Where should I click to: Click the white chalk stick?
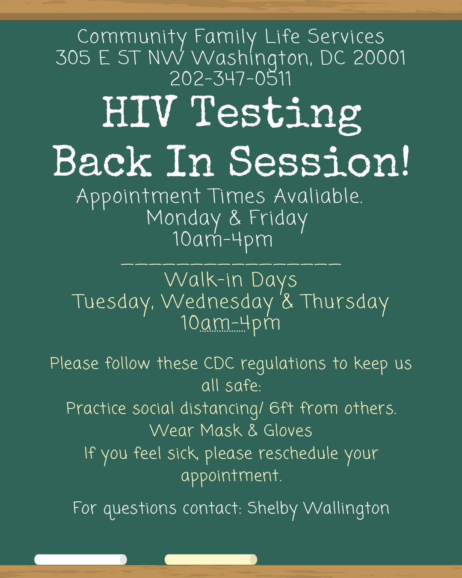(x=80, y=560)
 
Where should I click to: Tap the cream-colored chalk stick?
(x=211, y=560)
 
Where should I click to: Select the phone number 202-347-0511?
(x=231, y=78)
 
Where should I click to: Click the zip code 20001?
(x=379, y=57)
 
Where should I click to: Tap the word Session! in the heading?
(x=319, y=161)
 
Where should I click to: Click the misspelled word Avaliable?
(x=318, y=196)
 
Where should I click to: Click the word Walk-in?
(x=204, y=280)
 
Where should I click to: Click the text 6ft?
(x=281, y=408)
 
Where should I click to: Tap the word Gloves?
(x=288, y=430)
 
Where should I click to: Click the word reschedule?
(x=298, y=453)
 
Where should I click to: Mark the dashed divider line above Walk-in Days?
(x=231, y=264)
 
